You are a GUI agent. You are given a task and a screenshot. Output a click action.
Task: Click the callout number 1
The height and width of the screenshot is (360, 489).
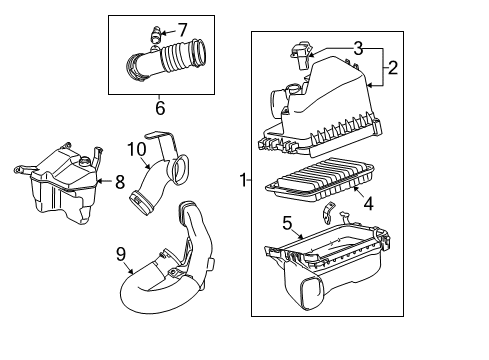240,180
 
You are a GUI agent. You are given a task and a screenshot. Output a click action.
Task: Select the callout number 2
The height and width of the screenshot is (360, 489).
393,70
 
